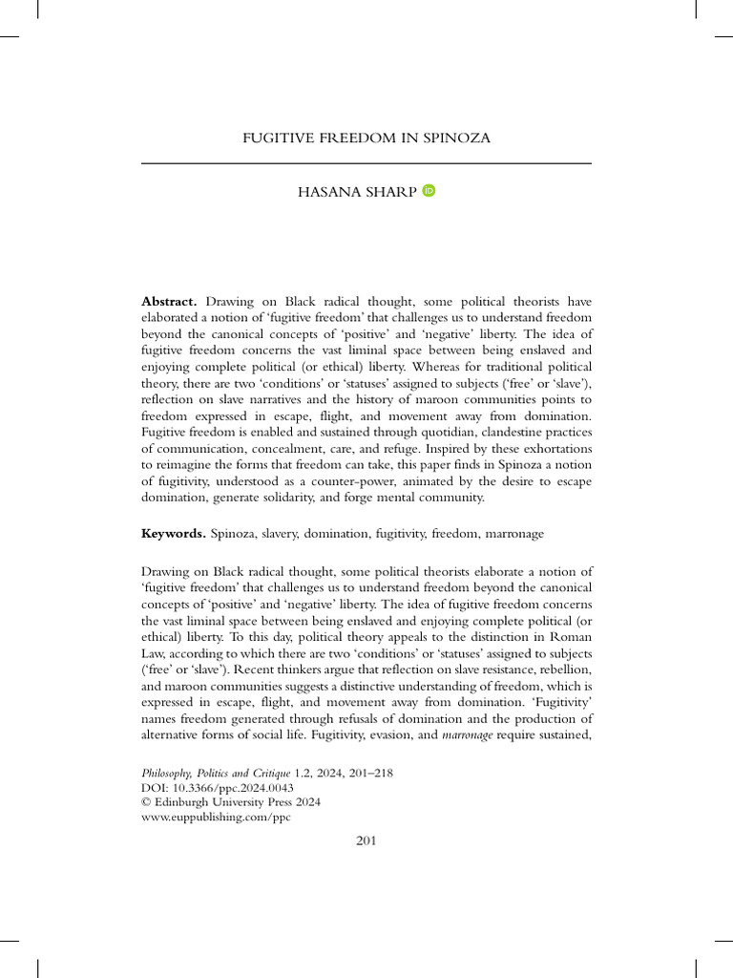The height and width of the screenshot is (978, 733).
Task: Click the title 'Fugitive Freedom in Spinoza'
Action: pyautogui.click(x=366, y=138)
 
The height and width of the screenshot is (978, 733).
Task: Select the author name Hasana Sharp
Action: pyautogui.click(x=357, y=192)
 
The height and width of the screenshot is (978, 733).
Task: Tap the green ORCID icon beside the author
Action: pyautogui.click(x=428, y=191)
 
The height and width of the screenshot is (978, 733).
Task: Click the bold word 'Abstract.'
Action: pyautogui.click(x=169, y=302)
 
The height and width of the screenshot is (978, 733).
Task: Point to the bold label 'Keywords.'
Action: pyautogui.click(x=173, y=533)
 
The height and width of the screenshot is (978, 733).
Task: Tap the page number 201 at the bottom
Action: pyautogui.click(x=366, y=840)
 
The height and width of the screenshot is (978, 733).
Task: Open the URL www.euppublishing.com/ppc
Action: pyautogui.click(x=216, y=819)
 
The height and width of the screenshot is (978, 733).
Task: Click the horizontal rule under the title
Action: pyautogui.click(x=366, y=164)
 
